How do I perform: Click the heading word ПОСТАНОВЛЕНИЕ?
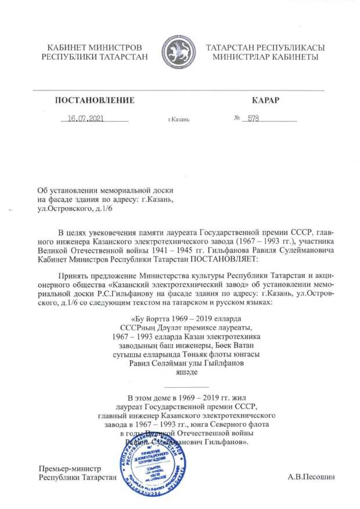click(x=95, y=100)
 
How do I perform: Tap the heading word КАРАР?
click(x=266, y=100)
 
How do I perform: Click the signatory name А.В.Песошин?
click(x=311, y=478)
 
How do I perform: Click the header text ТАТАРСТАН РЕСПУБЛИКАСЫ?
click(x=265, y=47)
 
